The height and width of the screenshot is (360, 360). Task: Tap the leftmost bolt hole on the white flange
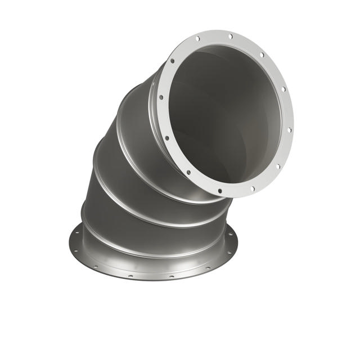(161, 97)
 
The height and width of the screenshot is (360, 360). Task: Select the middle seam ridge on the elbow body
(135, 169)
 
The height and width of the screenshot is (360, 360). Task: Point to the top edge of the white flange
(225, 30)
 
